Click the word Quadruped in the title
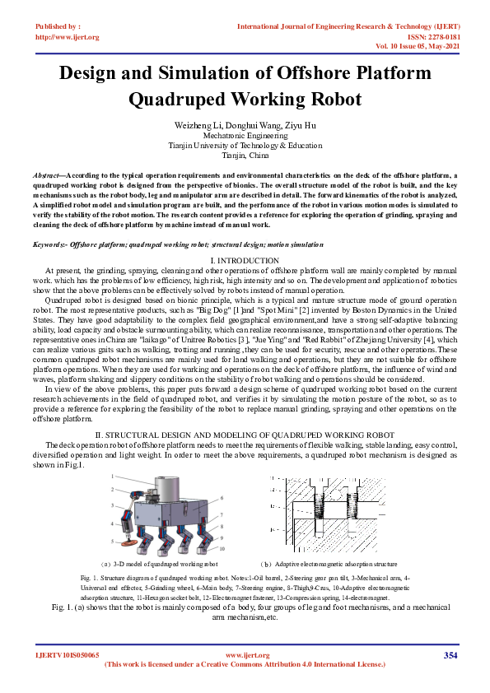point(174,100)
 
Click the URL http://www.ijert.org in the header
point(68,37)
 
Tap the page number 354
point(450,655)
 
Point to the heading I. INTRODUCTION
point(245,260)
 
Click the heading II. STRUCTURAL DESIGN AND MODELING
point(245,434)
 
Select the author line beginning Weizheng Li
point(245,124)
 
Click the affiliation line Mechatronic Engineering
point(245,134)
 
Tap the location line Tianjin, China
point(245,154)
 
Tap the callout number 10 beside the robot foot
point(222,548)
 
